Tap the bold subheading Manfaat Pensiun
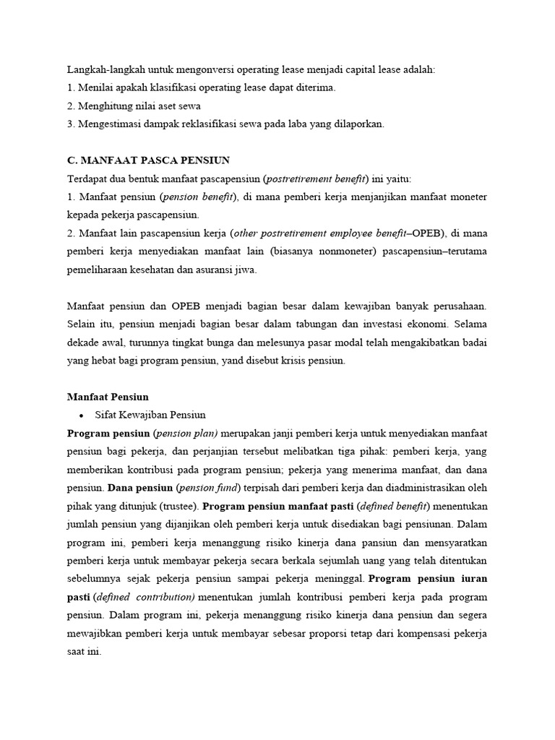click(108, 396)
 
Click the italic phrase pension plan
click(189, 434)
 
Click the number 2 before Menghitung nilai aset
click(70, 106)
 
